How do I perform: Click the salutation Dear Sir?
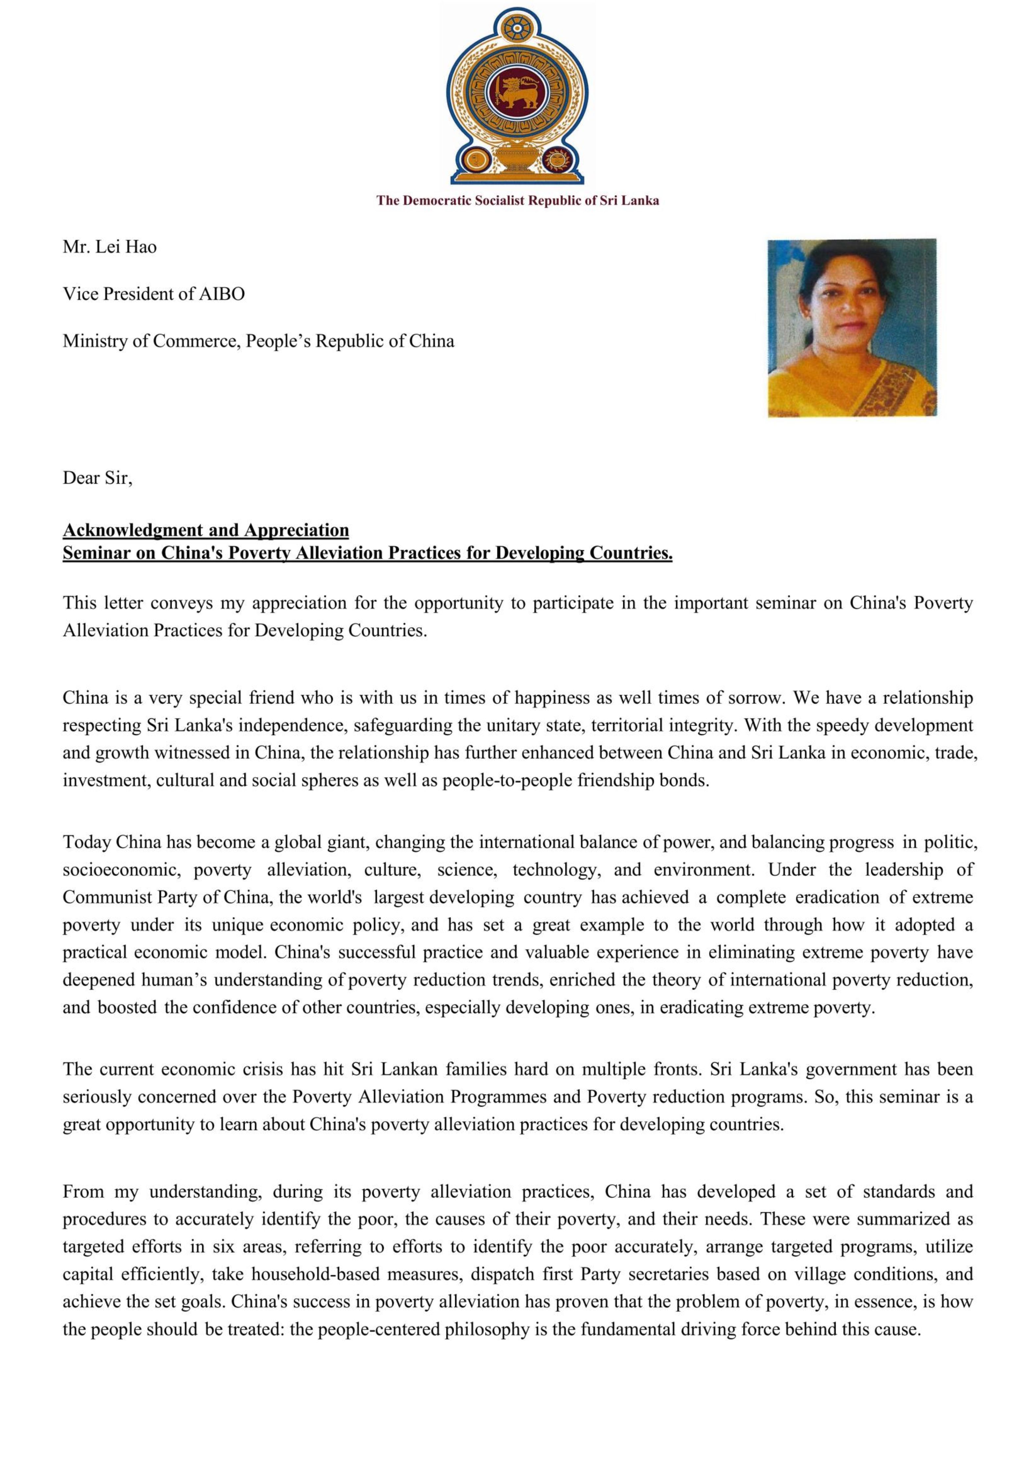pyautogui.click(x=97, y=478)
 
